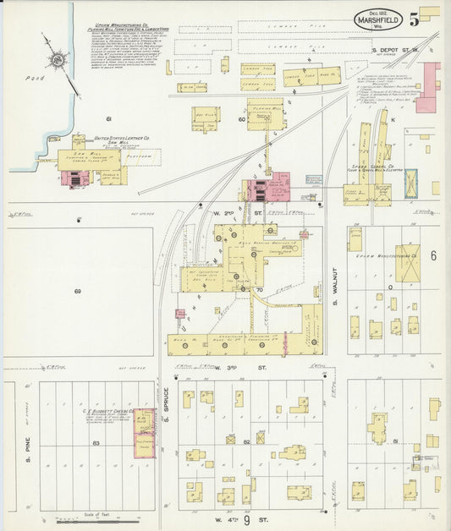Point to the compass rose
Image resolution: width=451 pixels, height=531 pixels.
coord(57,60)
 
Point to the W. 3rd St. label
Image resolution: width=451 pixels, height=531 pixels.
coord(245,369)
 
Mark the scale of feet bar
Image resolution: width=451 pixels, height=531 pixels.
coord(89,514)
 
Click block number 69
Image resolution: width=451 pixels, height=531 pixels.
coord(78,292)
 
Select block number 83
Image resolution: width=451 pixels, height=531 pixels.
coord(96,443)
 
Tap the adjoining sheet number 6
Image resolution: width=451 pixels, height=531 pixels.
coord(432,255)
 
